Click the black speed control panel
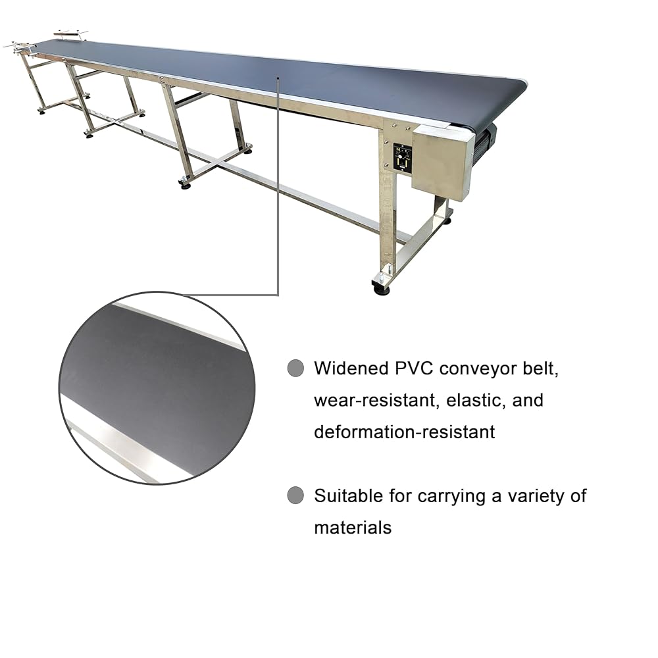(402, 159)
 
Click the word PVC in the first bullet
(412, 368)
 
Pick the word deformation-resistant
(404, 432)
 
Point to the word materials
(353, 527)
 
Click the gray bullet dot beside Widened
(296, 368)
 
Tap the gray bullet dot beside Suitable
(296, 495)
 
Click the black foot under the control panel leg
(381, 288)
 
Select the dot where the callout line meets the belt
(278, 78)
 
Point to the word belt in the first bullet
(542, 368)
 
